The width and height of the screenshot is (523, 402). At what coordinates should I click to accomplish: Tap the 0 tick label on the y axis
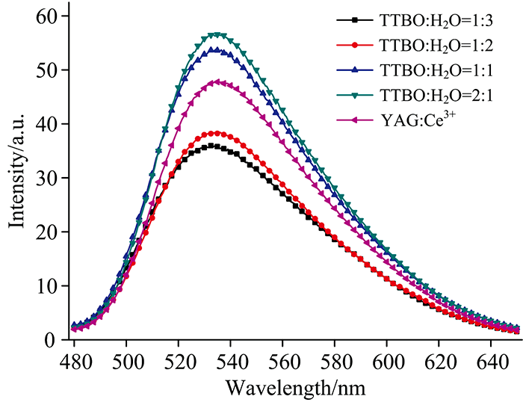50,340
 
